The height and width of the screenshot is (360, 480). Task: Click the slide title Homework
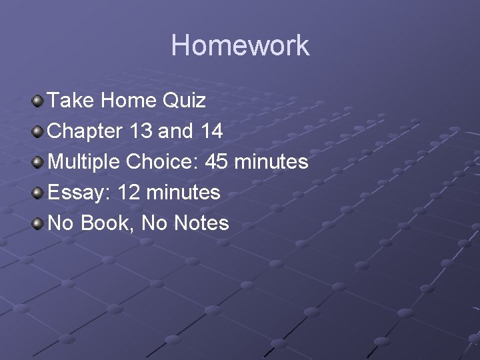click(x=240, y=46)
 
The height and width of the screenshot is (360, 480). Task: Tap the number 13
click(x=141, y=131)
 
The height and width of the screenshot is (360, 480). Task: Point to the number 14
click(x=211, y=131)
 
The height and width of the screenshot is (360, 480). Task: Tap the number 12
click(x=129, y=193)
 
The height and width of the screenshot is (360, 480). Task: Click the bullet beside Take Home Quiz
click(x=38, y=101)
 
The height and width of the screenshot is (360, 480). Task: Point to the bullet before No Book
click(x=38, y=223)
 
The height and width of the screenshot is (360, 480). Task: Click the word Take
click(x=71, y=101)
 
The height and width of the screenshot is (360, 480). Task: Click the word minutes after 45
click(x=273, y=162)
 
